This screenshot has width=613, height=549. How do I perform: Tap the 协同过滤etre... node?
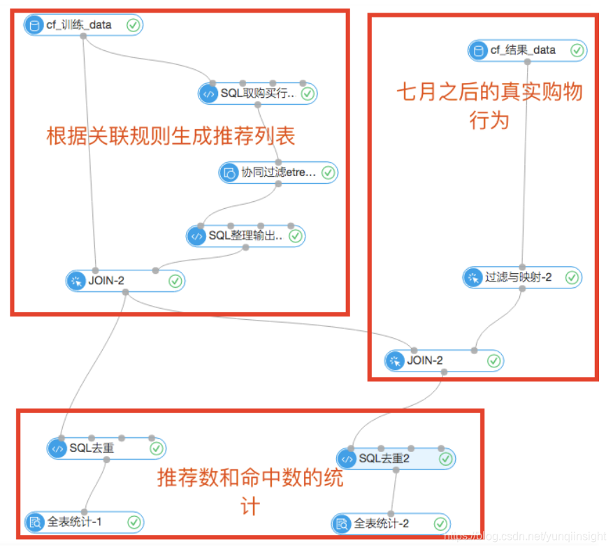tap(278, 172)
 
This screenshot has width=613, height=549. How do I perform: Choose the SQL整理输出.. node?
tap(245, 236)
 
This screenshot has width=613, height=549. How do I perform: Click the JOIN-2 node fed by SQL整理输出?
tap(125, 281)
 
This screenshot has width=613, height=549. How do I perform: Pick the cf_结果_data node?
tap(527, 50)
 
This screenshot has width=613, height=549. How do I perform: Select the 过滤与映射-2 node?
tap(521, 277)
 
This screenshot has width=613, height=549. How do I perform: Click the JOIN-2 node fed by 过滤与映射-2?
tap(443, 361)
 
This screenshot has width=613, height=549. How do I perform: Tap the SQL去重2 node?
tap(395, 459)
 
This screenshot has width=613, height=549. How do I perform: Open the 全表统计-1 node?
tap(83, 522)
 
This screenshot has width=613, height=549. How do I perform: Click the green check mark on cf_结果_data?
tap(577, 50)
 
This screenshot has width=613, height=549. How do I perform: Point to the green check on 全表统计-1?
tap(134, 522)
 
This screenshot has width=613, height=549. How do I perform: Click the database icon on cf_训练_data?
tap(34, 25)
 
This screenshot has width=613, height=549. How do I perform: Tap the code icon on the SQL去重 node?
tap(57, 448)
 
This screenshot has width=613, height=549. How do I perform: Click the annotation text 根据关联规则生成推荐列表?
tap(171, 136)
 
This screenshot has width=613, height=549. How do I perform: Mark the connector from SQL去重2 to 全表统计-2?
tap(393, 492)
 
